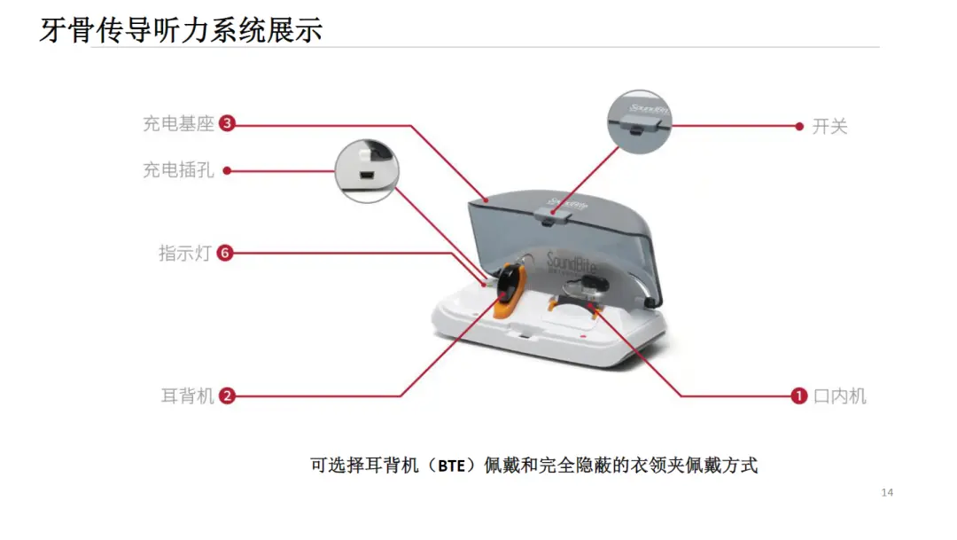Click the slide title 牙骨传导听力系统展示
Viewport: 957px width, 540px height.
tap(181, 29)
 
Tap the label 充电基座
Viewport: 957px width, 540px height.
tap(178, 123)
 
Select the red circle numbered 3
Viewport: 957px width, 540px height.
tap(227, 123)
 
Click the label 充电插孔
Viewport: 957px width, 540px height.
tap(178, 170)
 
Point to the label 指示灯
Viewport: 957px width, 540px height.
tap(185, 253)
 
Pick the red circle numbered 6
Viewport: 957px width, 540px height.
tap(225, 253)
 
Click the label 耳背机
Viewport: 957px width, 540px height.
tap(187, 395)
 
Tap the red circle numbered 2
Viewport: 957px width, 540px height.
tap(227, 395)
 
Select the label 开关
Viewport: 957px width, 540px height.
tap(830, 127)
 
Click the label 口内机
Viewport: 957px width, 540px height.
tap(840, 395)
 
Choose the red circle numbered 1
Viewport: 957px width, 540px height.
tap(799, 395)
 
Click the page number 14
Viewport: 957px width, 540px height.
tap(887, 492)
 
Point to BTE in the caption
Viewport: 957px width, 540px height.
tap(452, 466)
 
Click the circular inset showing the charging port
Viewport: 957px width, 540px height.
tap(367, 171)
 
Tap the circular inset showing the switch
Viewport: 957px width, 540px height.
tap(639, 121)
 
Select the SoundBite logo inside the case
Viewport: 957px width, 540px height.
tap(570, 263)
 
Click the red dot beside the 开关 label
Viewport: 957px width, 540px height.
tap(799, 127)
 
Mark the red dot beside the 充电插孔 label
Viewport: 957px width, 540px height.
tap(227, 170)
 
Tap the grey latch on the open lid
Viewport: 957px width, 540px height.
tap(552, 215)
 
